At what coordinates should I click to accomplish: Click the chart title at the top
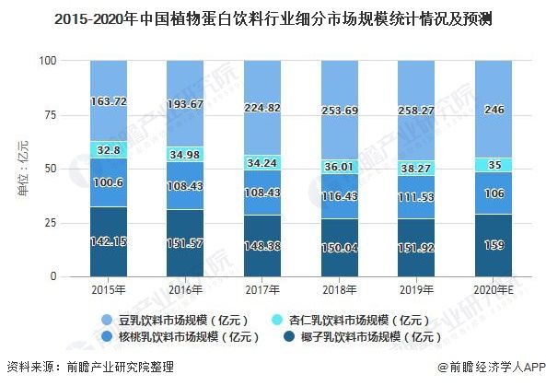273,18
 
